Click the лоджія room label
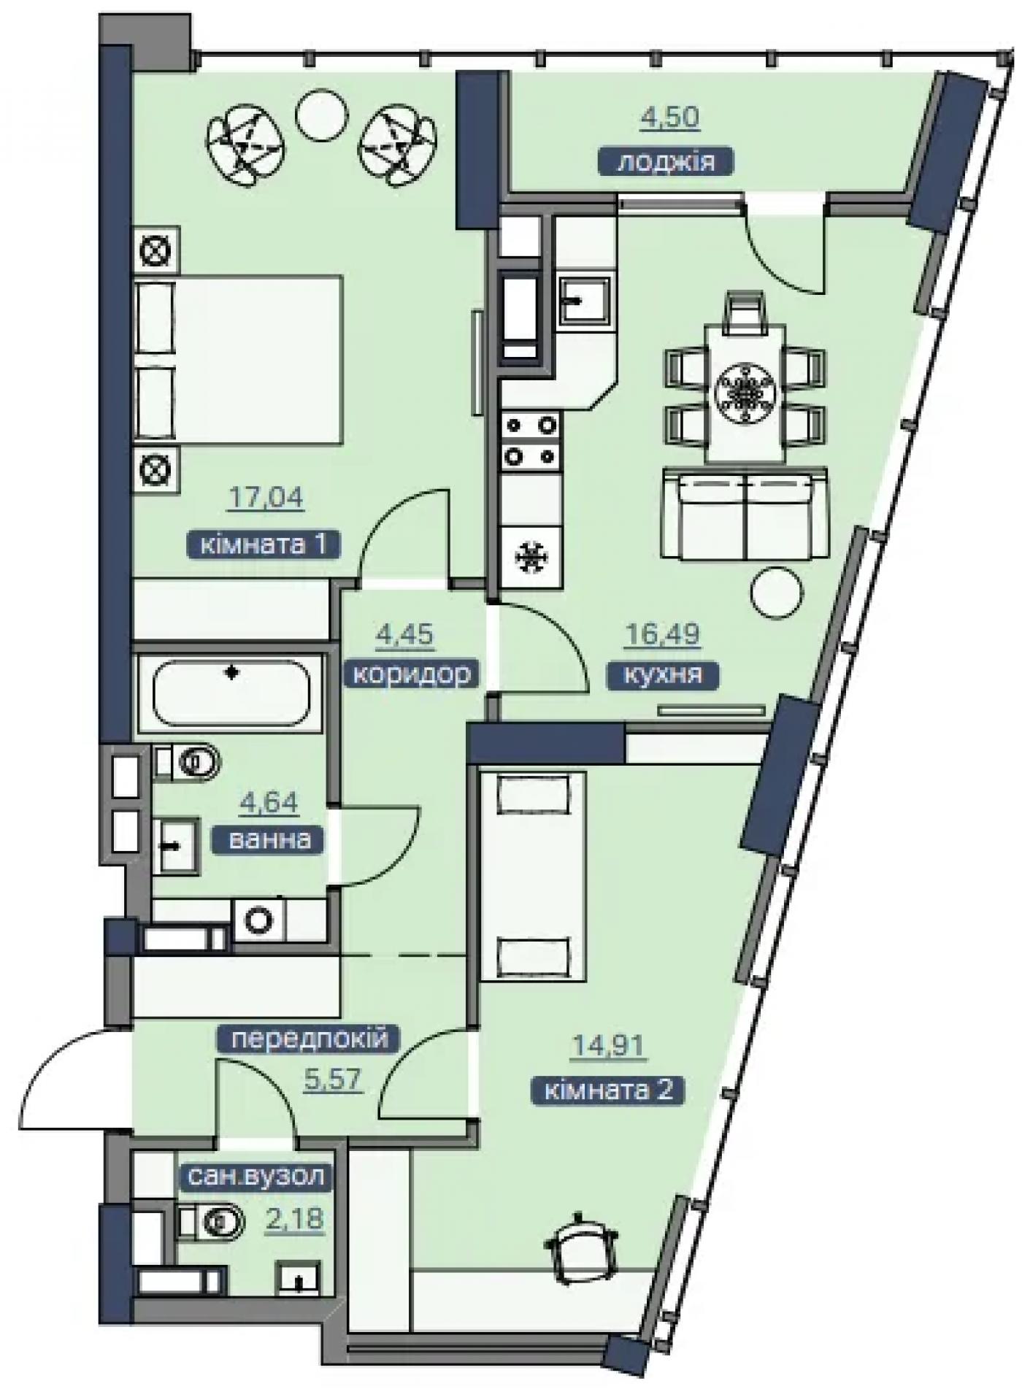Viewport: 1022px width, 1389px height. point(666,161)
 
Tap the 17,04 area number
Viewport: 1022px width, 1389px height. point(266,498)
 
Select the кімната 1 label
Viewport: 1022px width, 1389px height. point(264,545)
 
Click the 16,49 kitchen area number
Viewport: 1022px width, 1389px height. point(662,634)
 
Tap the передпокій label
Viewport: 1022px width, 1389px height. point(309,1039)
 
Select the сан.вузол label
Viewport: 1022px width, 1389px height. point(255,1176)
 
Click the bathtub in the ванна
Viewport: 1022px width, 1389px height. point(231,693)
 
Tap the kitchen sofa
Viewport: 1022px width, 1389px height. point(745,516)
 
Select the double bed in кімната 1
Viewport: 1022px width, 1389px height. point(239,359)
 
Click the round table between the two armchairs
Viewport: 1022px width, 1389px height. point(320,112)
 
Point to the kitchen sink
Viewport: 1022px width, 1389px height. point(585,299)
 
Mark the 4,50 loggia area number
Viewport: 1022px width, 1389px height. point(670,117)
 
